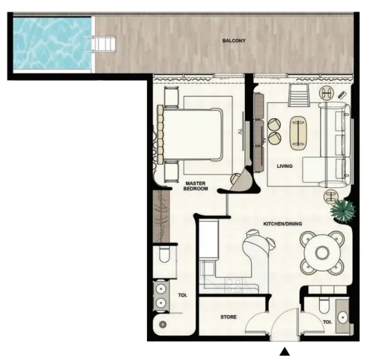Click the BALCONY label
[x=234, y=41]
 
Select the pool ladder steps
[x=103, y=44]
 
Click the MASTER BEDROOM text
[x=196, y=186]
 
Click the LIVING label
[x=284, y=166]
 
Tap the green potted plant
[x=343, y=209]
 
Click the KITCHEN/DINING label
[x=282, y=224]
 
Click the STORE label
[x=228, y=317]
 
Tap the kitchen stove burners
[x=237, y=282]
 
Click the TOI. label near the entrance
[x=327, y=322]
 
